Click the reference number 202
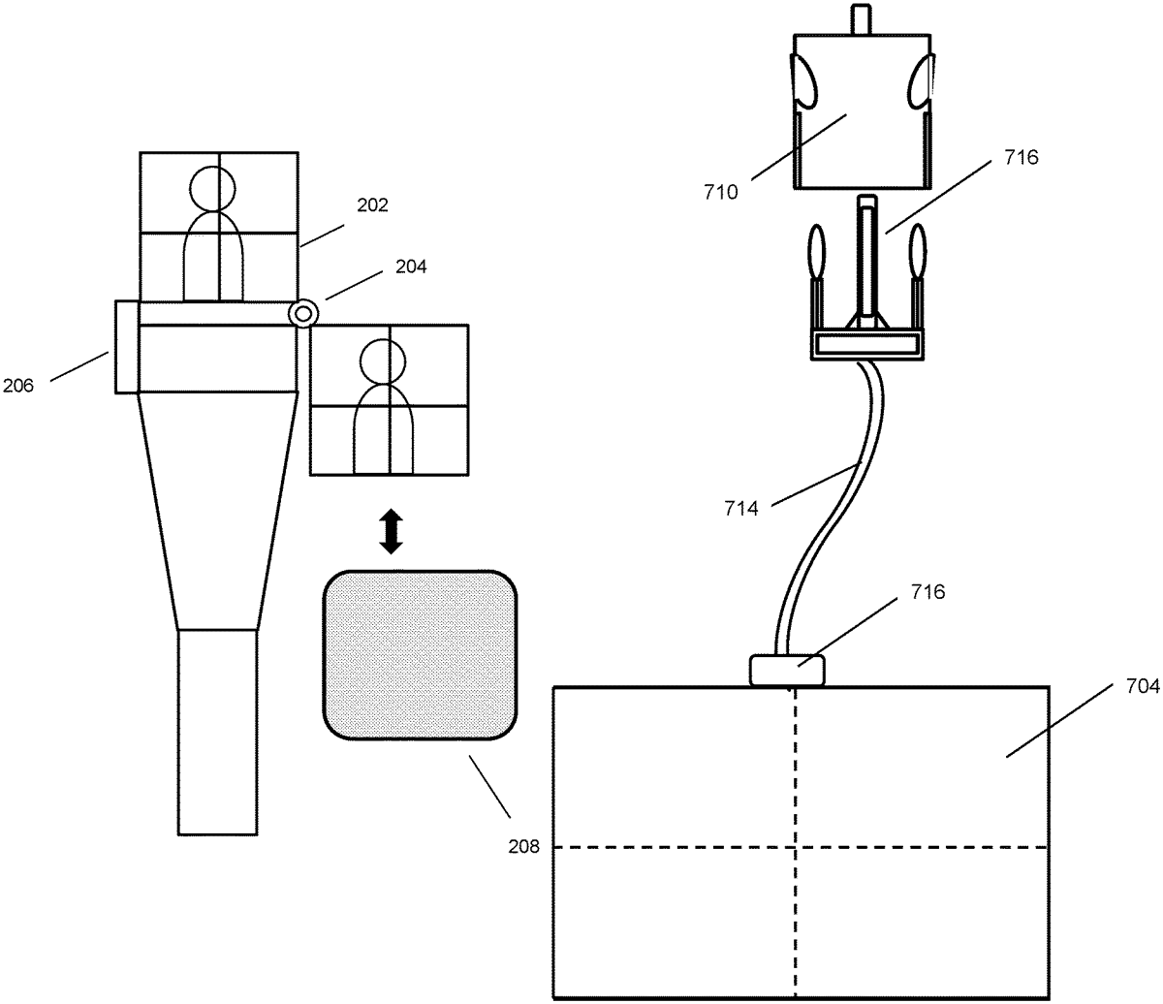371,205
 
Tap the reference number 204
410,265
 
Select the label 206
19,386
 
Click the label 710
722,192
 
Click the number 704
1143,686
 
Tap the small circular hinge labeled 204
304,313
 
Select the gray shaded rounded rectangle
418,656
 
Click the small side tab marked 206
126,347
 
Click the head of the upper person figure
211,189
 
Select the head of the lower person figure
382,361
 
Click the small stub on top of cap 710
860,19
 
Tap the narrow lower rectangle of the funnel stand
218,731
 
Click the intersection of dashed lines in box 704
796,847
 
